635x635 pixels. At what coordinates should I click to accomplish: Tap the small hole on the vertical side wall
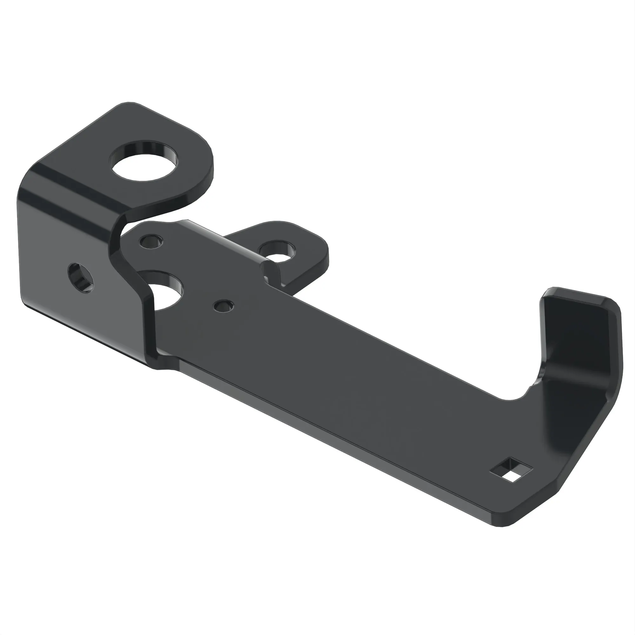click(81, 277)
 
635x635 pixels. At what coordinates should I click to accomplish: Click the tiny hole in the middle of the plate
click(224, 306)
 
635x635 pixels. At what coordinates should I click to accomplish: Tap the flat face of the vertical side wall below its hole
click(82, 316)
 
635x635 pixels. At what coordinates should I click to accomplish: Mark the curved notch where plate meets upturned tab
click(526, 393)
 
